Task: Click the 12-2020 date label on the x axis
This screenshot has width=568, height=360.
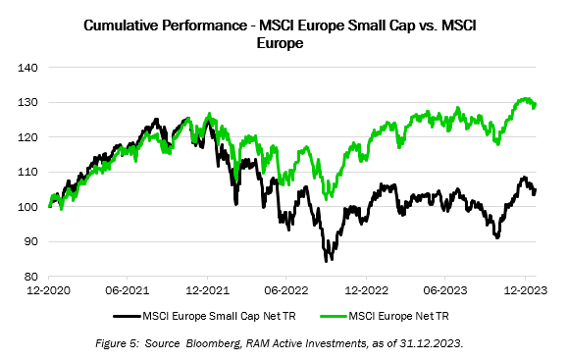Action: (49, 291)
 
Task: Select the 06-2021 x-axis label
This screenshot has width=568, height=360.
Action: (131, 291)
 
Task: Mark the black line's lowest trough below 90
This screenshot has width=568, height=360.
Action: (328, 260)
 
